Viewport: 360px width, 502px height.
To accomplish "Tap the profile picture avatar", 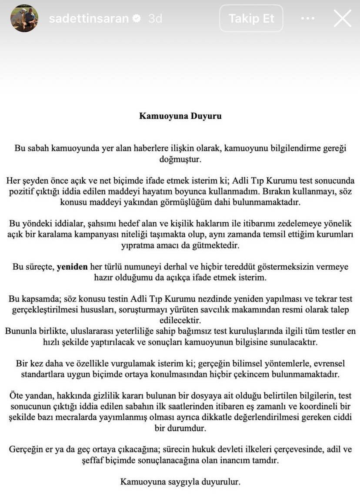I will (x=24, y=18).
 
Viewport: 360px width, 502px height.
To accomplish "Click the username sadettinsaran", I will (x=89, y=19).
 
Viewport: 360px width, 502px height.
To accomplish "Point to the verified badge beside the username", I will (x=137, y=19).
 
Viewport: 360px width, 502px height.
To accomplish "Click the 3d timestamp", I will (x=155, y=19).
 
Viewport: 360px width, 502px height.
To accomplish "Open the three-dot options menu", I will (x=307, y=18).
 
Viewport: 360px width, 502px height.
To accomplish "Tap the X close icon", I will (x=342, y=18).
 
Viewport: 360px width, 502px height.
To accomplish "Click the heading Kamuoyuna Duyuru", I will (x=180, y=116).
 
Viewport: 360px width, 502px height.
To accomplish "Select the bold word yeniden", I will (x=72, y=267).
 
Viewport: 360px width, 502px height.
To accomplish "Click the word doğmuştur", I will (x=180, y=159).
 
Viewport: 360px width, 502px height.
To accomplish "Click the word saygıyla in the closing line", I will (x=176, y=482).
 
